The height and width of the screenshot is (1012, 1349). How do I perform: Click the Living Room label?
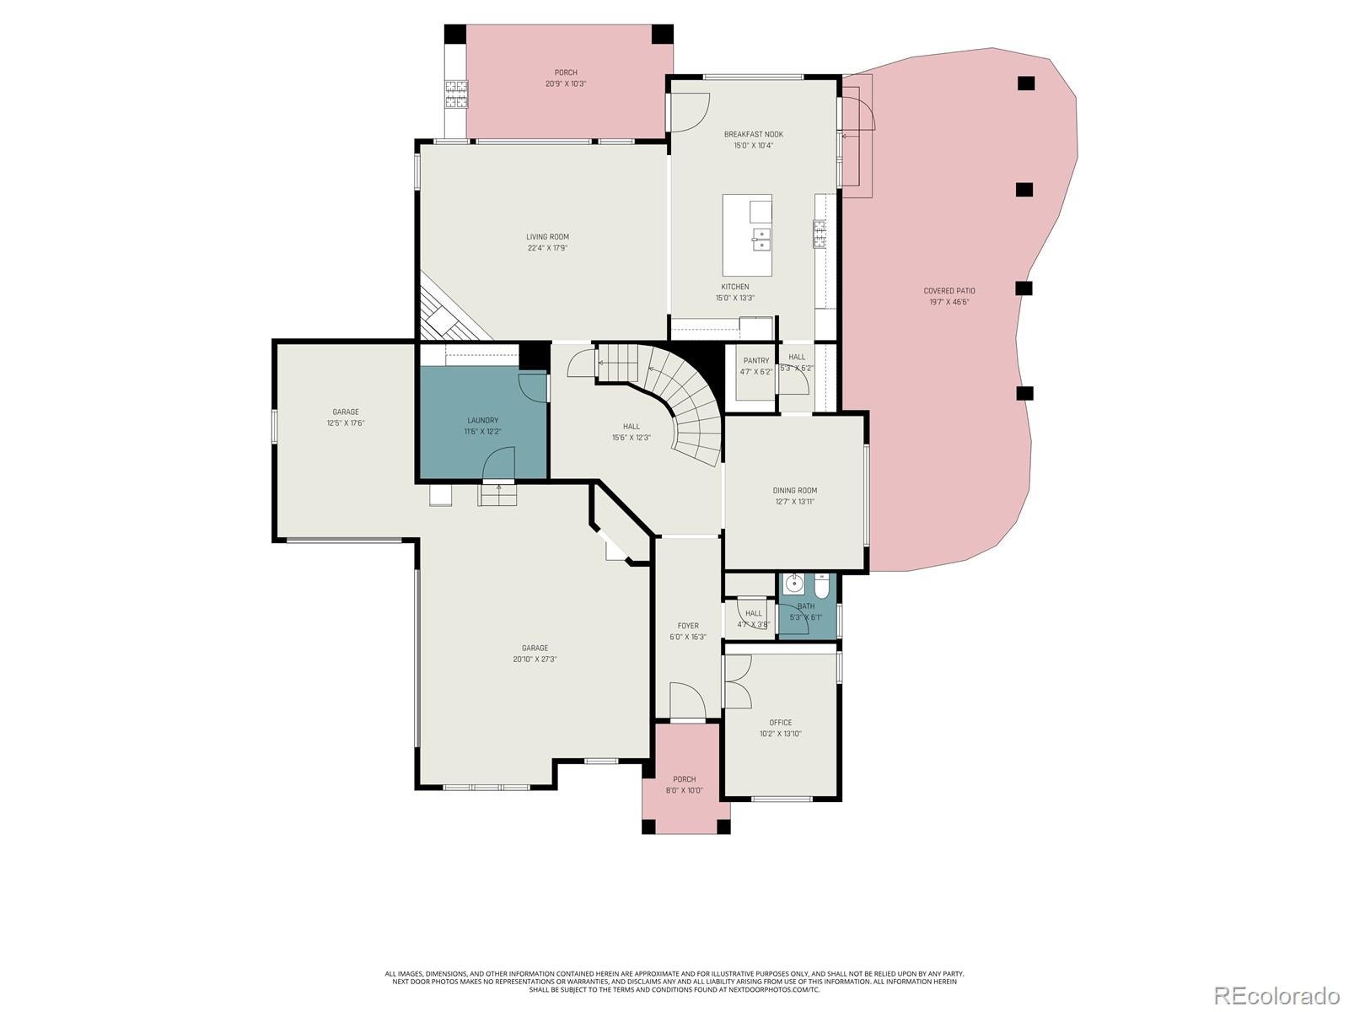click(547, 237)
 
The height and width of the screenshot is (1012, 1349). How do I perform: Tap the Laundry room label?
click(482, 420)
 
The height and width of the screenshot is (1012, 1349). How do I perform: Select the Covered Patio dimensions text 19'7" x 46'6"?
click(949, 302)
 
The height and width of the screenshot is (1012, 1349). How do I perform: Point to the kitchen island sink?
click(760, 240)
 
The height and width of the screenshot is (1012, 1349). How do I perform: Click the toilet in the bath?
click(822, 584)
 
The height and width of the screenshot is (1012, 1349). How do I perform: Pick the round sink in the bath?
click(794, 583)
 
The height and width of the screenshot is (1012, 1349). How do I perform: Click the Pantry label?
click(755, 361)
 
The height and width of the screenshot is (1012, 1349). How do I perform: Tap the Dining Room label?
click(794, 490)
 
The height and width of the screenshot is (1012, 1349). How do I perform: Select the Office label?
click(780, 723)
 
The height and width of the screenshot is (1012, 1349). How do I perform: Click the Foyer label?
click(687, 626)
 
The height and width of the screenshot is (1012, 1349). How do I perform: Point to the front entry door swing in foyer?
click(687, 700)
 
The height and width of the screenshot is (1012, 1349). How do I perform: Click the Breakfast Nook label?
click(753, 134)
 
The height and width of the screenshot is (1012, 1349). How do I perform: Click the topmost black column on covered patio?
click(1025, 83)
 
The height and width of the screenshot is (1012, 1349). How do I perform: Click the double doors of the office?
click(737, 681)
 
